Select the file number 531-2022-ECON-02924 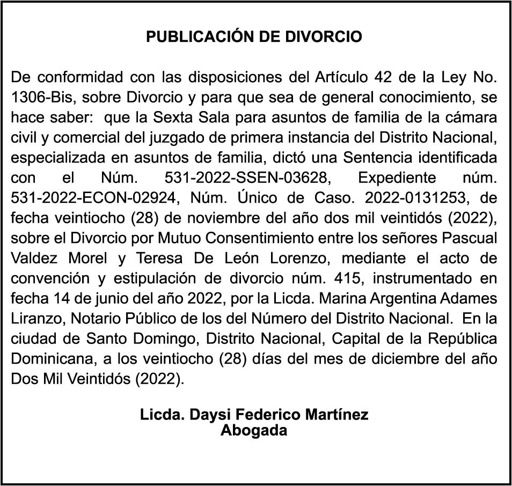[x=94, y=197]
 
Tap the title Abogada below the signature [x=254, y=430]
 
